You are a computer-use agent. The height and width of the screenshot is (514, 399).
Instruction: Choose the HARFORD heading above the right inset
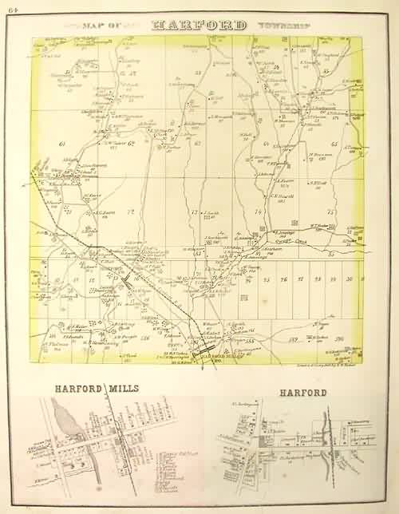[x=303, y=393]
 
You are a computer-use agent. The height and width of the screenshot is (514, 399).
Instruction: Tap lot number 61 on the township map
[x=61, y=144]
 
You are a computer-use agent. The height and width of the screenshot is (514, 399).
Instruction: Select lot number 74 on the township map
[x=257, y=212]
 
